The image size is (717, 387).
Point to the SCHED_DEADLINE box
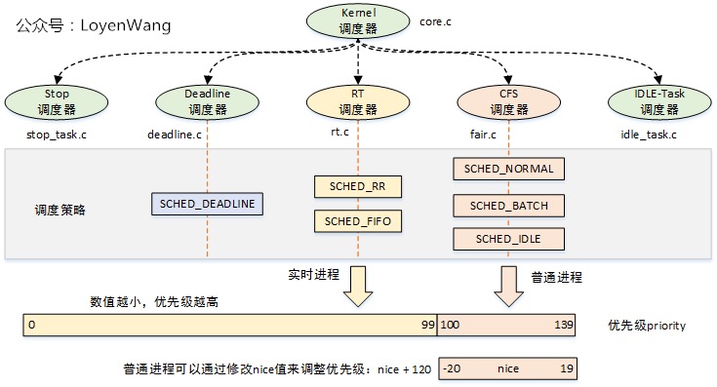(x=208, y=203)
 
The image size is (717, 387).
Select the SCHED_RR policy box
(x=358, y=185)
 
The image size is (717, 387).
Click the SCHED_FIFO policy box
(x=358, y=221)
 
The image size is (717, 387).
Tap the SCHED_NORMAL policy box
(x=510, y=169)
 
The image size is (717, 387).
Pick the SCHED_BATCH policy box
(x=510, y=206)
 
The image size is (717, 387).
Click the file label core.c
(x=434, y=19)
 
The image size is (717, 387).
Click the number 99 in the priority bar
(x=427, y=325)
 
